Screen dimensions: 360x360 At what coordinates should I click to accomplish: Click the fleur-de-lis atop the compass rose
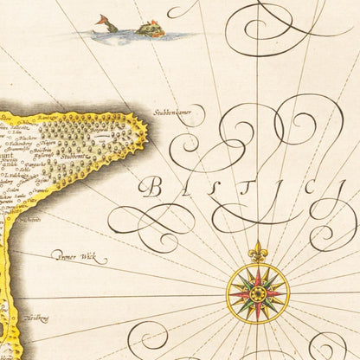pos(257,252)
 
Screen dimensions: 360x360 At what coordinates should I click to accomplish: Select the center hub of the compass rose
pos(257,293)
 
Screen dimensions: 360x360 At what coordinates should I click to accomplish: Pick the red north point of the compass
pos(257,272)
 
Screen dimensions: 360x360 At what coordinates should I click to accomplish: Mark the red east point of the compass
pos(279,293)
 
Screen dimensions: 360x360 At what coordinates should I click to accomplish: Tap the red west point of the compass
pos(235,293)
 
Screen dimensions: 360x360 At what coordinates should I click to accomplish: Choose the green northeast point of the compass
pos(269,281)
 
